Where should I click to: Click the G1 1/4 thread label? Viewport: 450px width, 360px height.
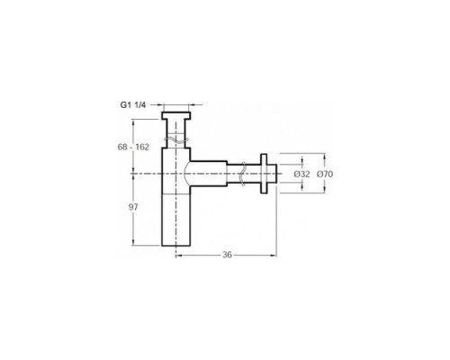point(133,104)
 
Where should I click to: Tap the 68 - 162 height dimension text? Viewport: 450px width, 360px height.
point(133,147)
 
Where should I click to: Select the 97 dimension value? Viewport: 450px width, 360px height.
point(133,207)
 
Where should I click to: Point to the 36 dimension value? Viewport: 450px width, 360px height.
point(227,255)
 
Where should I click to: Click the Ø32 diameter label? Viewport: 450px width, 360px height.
point(301,174)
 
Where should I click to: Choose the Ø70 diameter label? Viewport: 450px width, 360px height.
point(325,174)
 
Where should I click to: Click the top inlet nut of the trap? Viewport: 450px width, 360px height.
point(175,115)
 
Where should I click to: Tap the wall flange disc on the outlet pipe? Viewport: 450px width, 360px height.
point(264,174)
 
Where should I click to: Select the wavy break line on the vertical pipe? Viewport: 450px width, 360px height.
point(175,139)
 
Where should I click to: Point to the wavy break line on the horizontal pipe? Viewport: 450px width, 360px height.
point(243,174)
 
